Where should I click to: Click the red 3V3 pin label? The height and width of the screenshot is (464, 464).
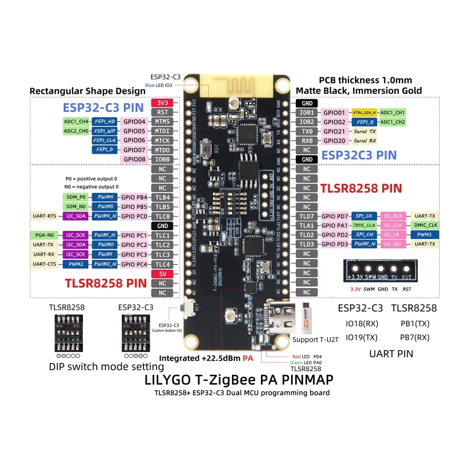163,103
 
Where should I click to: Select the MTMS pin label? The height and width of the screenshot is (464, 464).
163,121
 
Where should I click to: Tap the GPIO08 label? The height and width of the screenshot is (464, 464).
163,159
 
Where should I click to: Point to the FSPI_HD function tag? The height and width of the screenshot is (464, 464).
105,121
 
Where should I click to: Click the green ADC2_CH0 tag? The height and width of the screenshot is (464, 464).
76,131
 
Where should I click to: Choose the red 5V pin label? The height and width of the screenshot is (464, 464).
163,274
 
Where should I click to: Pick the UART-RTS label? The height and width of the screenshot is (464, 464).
45,216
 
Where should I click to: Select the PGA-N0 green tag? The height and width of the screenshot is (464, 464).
45,235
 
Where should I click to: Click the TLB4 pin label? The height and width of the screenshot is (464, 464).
163,197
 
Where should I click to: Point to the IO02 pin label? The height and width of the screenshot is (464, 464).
306,122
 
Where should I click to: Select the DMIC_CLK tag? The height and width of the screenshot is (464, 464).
425,225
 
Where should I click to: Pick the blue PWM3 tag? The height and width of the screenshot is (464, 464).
425,235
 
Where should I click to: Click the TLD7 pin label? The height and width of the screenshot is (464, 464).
306,216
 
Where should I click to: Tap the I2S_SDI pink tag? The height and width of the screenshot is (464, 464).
394,244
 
